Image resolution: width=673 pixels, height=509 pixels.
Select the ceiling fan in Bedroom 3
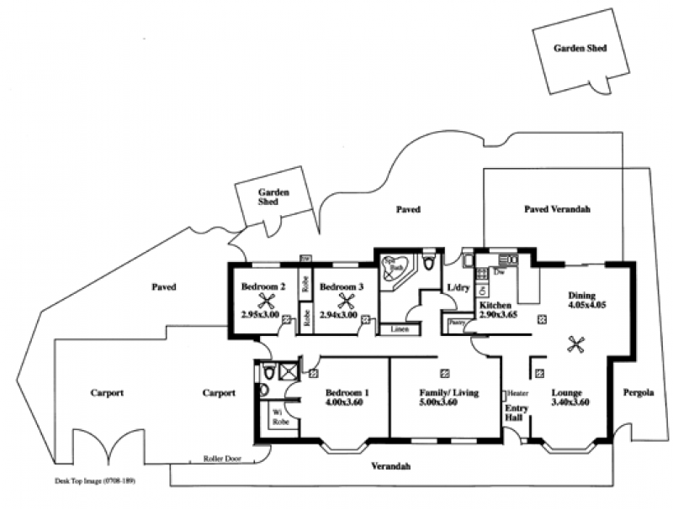tap(346, 300)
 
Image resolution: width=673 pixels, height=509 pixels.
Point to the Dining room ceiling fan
tap(576, 343)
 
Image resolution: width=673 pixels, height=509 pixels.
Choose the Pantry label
tap(458, 323)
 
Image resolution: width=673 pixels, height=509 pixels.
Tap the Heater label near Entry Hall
tap(517, 393)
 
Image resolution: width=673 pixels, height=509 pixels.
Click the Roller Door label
tap(223, 459)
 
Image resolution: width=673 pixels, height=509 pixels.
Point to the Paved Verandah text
tap(557, 208)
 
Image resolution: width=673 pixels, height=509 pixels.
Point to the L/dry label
tap(458, 288)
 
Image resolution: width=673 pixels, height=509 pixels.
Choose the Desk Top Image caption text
tap(94, 482)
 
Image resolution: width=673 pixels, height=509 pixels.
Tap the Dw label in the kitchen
tap(500, 272)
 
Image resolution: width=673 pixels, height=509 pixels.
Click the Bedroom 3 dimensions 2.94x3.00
tap(340, 315)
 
